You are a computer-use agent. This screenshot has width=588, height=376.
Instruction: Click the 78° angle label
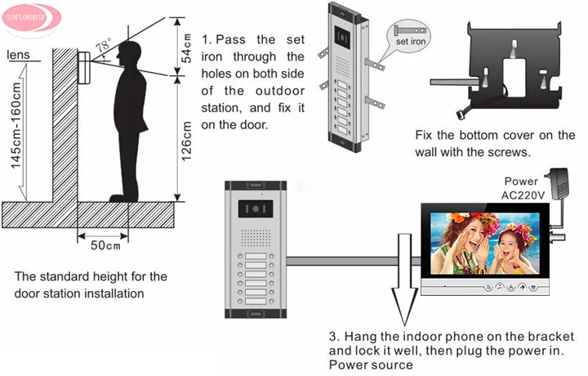104,47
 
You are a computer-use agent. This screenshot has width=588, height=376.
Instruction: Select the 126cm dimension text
187,140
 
